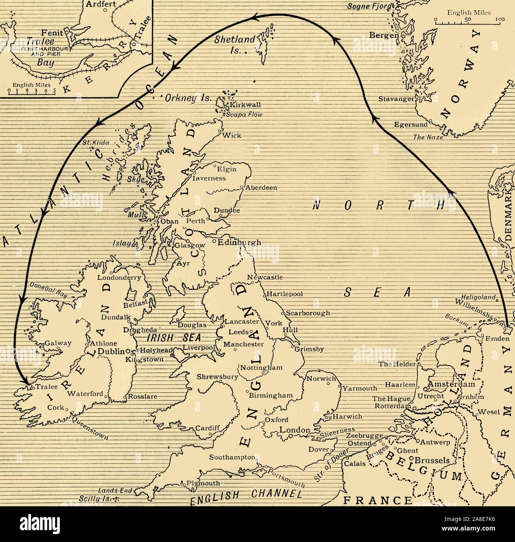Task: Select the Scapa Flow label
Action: point(244,115)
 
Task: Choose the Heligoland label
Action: point(479,297)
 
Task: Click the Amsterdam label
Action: point(451,384)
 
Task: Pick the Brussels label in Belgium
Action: point(432,461)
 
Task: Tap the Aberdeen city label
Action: point(261,188)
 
